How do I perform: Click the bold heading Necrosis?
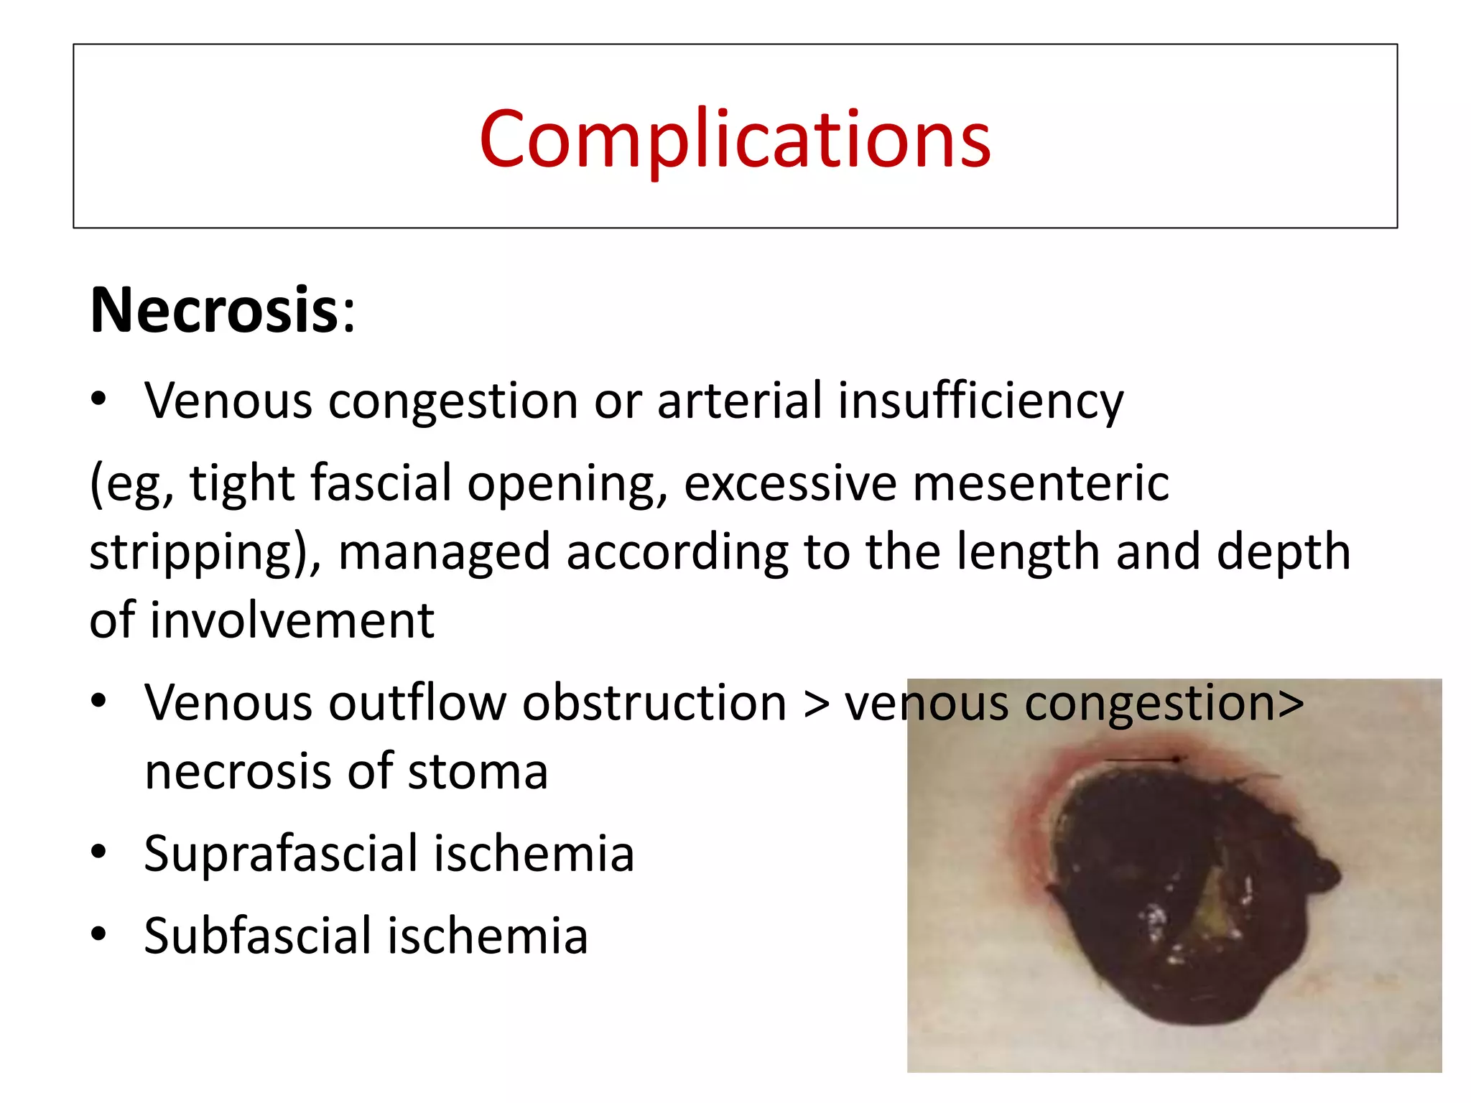point(214,310)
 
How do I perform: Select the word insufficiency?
point(980,400)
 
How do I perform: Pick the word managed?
point(443,551)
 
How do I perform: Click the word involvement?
point(292,620)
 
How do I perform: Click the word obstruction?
point(654,702)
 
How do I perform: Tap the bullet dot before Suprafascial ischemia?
point(99,852)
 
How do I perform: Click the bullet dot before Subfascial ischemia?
point(99,934)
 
